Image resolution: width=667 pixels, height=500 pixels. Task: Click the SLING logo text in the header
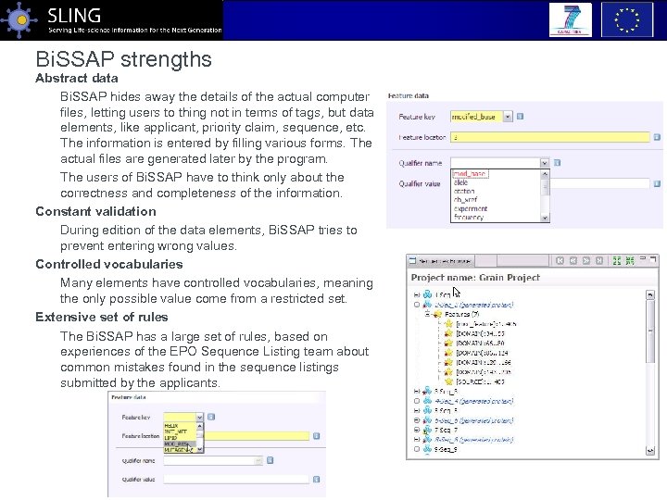click(73, 15)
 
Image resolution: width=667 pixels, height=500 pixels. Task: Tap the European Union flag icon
click(627, 19)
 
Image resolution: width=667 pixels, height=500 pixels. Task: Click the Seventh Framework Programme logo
click(570, 19)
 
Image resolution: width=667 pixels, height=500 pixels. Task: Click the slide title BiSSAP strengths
click(124, 60)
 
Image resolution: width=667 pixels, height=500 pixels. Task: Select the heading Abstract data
click(77, 79)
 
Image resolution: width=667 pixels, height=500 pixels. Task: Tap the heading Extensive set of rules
click(102, 317)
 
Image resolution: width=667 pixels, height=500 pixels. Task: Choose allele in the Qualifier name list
click(460, 183)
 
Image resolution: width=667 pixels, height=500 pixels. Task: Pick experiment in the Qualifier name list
click(471, 208)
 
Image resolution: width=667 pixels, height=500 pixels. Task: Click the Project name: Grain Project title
click(475, 277)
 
